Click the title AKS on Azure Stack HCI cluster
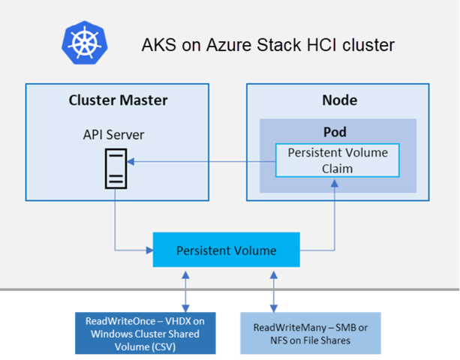(x=268, y=46)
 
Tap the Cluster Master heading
(x=118, y=100)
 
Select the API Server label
(x=113, y=135)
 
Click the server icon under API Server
(x=114, y=167)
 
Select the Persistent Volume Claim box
(x=338, y=160)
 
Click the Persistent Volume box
(x=226, y=250)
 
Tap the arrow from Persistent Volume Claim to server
(x=203, y=160)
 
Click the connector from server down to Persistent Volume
(x=115, y=225)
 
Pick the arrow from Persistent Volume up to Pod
(x=334, y=217)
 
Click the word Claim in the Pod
(x=338, y=168)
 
